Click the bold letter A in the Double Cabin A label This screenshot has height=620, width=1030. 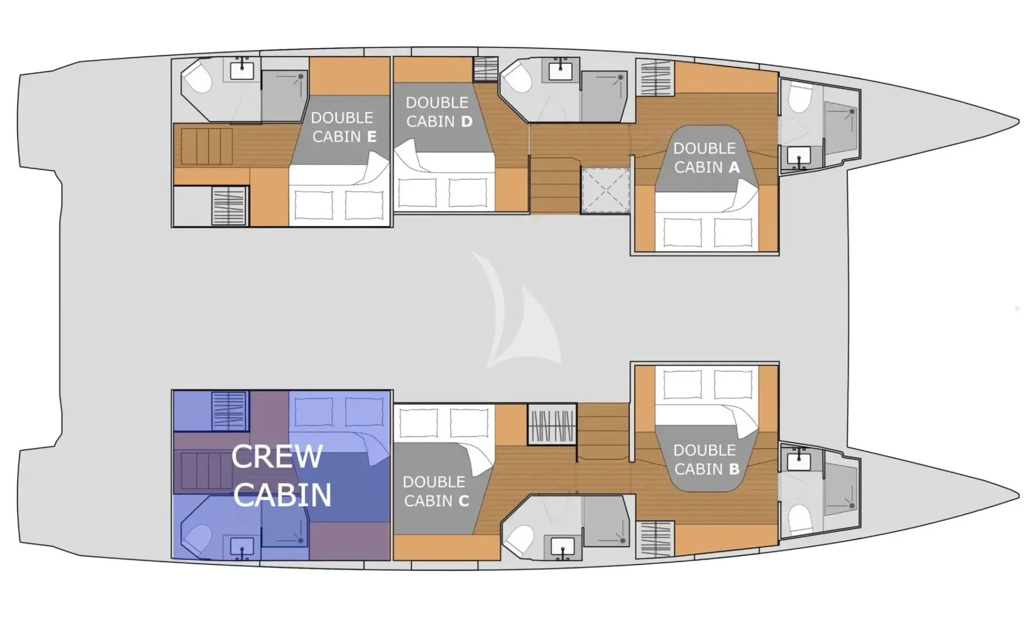(x=733, y=167)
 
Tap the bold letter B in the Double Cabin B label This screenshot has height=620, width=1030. (x=734, y=469)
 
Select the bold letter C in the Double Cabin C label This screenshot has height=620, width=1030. (x=464, y=501)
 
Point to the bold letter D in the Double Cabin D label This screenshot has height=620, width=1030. (x=466, y=122)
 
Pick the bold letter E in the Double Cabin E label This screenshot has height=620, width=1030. (x=371, y=137)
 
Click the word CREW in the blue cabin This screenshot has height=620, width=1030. (x=277, y=456)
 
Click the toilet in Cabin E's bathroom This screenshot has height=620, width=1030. (x=197, y=77)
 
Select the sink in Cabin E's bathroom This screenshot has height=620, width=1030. (x=242, y=70)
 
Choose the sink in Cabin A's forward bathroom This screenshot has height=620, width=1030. (x=799, y=157)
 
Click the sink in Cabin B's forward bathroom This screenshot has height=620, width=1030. (x=799, y=460)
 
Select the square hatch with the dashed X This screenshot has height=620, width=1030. (x=606, y=191)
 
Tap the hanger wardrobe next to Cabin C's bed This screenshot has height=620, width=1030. (x=552, y=427)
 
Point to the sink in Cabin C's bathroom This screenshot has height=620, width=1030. (x=562, y=548)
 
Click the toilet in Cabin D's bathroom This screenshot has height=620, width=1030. (x=516, y=77)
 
